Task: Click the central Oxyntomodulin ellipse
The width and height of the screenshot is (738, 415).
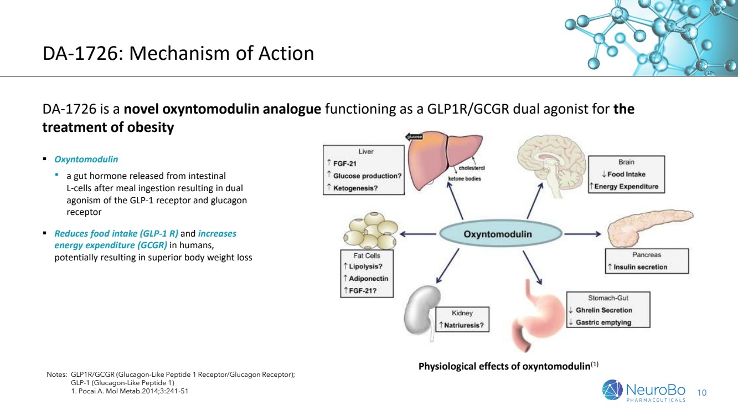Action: (497, 234)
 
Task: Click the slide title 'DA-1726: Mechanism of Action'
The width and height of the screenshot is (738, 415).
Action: (178, 54)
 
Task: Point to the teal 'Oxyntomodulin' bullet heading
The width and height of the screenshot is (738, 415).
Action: (86, 159)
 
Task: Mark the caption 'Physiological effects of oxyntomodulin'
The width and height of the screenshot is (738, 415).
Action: (504, 366)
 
